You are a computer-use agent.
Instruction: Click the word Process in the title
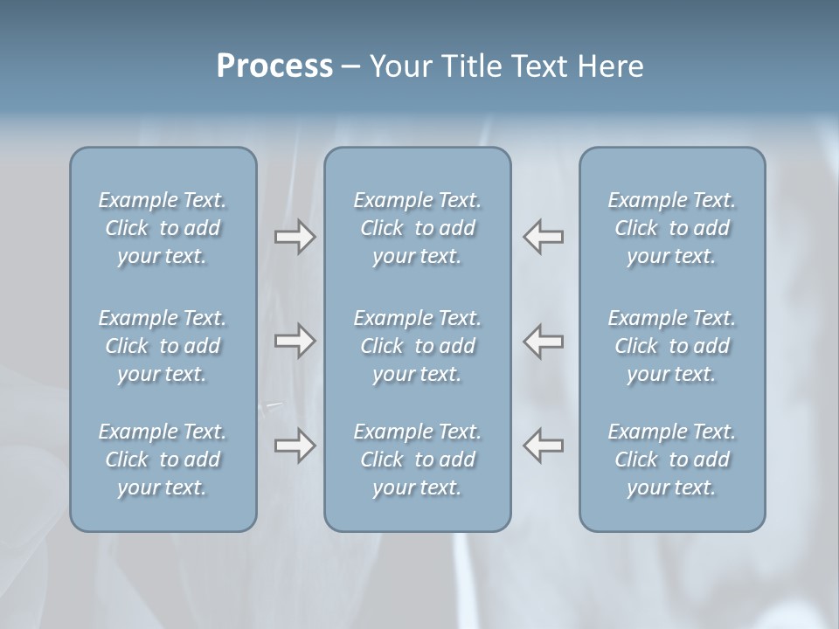pyautogui.click(x=274, y=66)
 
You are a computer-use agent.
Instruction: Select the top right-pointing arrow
pyautogui.click(x=295, y=237)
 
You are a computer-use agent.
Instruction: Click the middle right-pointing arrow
pyautogui.click(x=295, y=341)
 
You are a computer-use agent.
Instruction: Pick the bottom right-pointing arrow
pyautogui.click(x=295, y=446)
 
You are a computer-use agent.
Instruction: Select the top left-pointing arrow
pyautogui.click(x=544, y=237)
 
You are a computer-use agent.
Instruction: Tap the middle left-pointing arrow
pyautogui.click(x=544, y=341)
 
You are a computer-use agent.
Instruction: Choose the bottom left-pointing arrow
pyautogui.click(x=544, y=446)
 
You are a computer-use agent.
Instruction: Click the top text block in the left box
pyautogui.click(x=163, y=228)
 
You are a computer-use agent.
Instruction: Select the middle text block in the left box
pyautogui.click(x=163, y=346)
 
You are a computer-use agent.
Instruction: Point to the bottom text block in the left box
pyautogui.click(x=163, y=460)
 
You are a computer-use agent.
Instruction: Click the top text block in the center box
pyautogui.click(x=418, y=228)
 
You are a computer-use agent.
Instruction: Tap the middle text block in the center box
pyautogui.click(x=418, y=346)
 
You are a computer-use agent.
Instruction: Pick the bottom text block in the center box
pyautogui.click(x=418, y=460)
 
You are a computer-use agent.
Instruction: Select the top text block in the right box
pyautogui.click(x=672, y=228)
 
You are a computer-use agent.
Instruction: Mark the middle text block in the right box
pyautogui.click(x=672, y=346)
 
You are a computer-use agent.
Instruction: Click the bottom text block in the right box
pyautogui.click(x=672, y=460)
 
